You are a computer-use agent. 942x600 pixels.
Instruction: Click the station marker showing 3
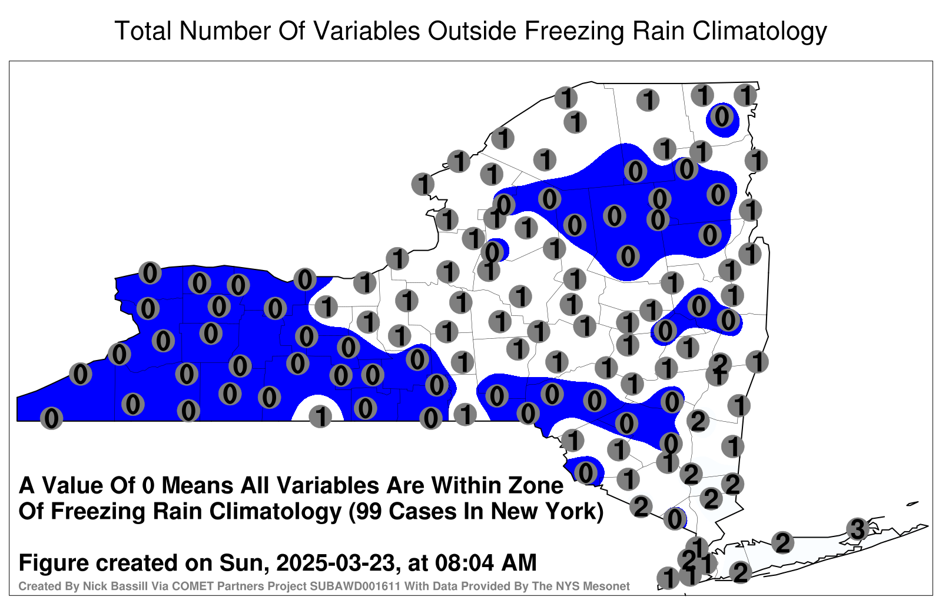point(857,529)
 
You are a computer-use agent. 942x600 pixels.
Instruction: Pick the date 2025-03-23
point(336,562)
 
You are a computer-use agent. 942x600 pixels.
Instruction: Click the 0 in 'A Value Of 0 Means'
point(149,486)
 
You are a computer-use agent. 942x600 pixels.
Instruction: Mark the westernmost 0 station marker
point(51,418)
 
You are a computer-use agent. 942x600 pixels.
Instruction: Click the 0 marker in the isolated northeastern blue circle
point(722,116)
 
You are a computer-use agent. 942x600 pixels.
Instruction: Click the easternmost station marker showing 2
point(782,542)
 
